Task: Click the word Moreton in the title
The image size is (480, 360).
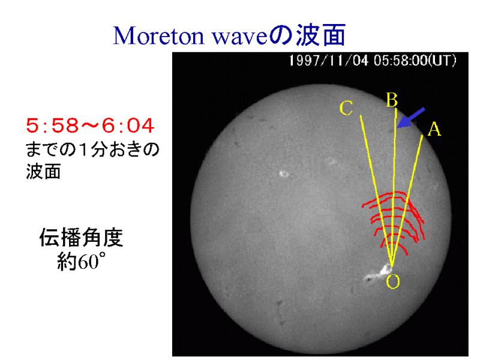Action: click(x=158, y=35)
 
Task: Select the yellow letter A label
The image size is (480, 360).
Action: click(x=434, y=129)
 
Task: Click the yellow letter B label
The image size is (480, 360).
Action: click(x=392, y=100)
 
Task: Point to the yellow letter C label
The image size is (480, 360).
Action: click(x=346, y=109)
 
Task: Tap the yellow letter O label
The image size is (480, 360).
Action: click(x=393, y=281)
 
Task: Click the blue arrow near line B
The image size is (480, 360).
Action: click(x=410, y=118)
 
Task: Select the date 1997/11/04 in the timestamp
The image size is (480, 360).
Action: click(x=329, y=61)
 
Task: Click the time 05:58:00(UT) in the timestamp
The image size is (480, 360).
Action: click(x=415, y=61)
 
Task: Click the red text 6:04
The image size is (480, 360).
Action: click(x=128, y=125)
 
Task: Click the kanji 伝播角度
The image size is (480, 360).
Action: click(x=81, y=237)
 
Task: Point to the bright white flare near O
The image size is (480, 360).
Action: click(x=379, y=274)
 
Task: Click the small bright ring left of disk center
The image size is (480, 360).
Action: click(x=284, y=174)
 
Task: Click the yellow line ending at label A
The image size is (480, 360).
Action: click(x=407, y=200)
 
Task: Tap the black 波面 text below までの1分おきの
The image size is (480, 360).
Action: click(x=43, y=172)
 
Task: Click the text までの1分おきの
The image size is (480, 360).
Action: click(x=93, y=149)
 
